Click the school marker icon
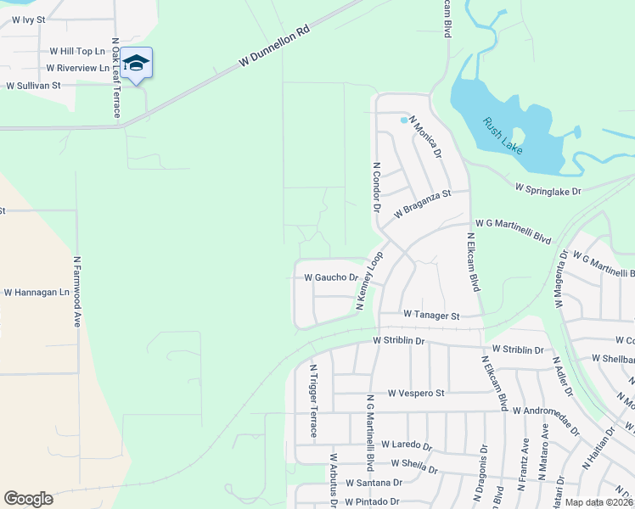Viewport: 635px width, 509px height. [136, 63]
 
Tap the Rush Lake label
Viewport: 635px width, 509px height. [503, 135]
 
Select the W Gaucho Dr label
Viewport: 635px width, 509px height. [331, 277]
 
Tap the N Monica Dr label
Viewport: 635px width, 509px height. [425, 137]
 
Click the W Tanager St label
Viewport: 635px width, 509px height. [431, 315]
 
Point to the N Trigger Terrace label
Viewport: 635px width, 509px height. [313, 400]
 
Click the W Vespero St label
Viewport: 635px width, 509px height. [416, 394]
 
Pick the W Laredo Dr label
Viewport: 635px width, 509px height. [407, 445]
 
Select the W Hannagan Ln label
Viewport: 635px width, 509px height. [36, 293]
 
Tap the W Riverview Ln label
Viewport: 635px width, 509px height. [78, 68]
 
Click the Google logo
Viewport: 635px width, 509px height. [28, 499]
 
